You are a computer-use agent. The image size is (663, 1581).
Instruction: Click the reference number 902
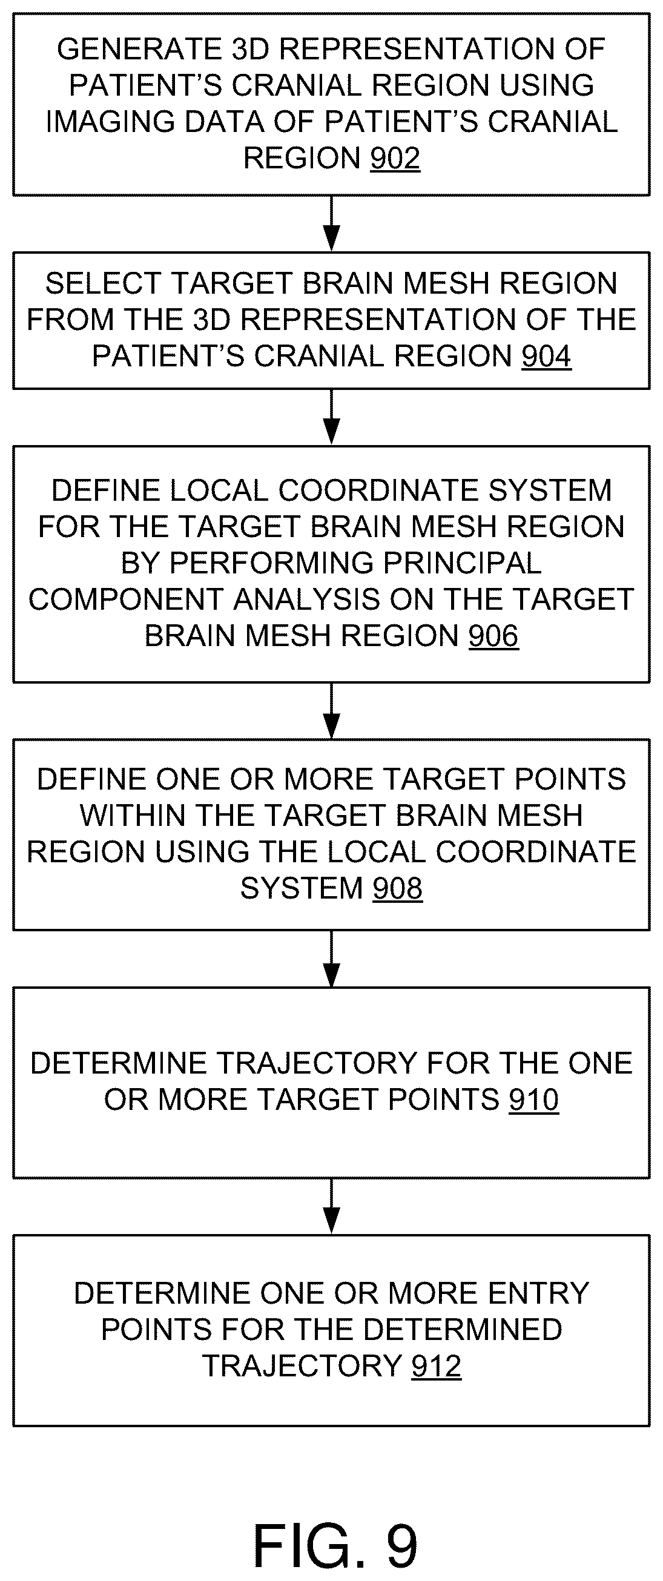[395, 159]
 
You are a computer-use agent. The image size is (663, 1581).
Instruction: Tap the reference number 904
[546, 356]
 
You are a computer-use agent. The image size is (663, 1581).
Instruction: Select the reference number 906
[493, 636]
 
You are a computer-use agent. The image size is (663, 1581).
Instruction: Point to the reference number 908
[398, 888]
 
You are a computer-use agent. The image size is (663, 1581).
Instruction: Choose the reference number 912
[437, 1366]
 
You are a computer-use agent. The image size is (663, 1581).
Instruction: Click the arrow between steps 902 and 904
[332, 224]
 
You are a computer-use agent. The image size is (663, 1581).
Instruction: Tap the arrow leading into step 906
[332, 417]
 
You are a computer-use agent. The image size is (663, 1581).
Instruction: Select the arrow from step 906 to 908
[332, 711]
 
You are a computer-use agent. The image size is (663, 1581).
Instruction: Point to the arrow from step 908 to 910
[332, 959]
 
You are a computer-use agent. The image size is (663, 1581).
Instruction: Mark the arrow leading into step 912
[332, 1207]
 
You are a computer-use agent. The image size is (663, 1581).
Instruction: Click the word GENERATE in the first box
[139, 49]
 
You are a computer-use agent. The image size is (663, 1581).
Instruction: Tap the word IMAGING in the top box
[110, 122]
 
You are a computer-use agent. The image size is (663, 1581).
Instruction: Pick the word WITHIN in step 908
[133, 816]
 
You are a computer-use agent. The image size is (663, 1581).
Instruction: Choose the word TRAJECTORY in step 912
[302, 1366]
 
